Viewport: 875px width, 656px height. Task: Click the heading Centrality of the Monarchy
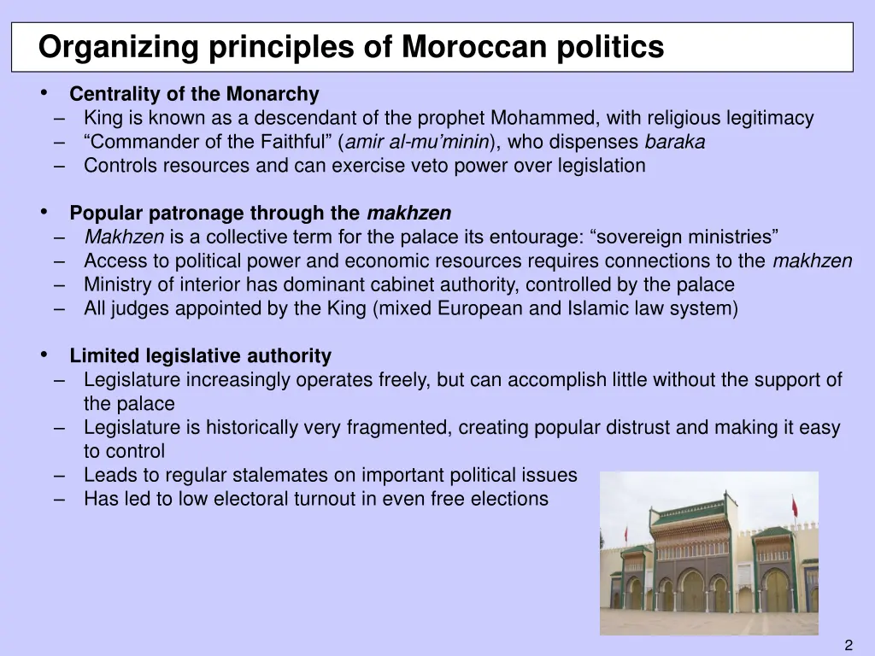point(194,94)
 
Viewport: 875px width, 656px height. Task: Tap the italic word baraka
point(675,142)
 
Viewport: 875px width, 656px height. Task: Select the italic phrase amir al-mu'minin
point(417,142)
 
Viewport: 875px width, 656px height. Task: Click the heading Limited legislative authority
point(200,355)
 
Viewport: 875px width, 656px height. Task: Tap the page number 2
point(849,645)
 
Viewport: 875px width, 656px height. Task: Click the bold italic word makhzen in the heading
point(408,214)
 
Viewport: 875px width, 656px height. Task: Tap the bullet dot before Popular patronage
point(44,212)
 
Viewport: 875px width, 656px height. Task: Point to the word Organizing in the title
point(104,47)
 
